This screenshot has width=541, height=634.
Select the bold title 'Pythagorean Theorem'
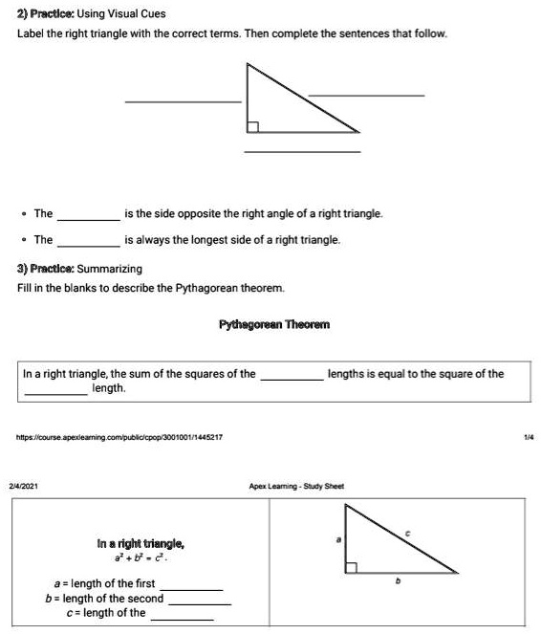click(x=274, y=325)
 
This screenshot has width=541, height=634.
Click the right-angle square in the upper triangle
click(x=252, y=126)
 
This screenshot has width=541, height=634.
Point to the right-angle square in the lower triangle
click(x=351, y=567)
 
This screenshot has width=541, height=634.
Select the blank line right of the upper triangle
click(x=366, y=95)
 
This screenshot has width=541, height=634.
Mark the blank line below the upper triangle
click(x=302, y=151)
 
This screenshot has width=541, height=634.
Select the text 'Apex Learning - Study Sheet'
click(x=297, y=486)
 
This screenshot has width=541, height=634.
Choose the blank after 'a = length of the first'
click(x=196, y=588)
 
